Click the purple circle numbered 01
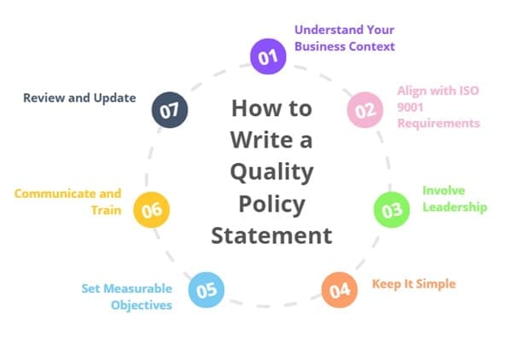(x=268, y=56)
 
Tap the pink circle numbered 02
(x=364, y=110)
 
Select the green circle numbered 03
(x=393, y=210)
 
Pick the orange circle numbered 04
(x=339, y=290)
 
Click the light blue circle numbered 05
(x=206, y=290)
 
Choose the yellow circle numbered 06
(x=152, y=210)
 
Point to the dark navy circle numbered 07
(x=168, y=110)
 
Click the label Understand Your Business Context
(x=344, y=38)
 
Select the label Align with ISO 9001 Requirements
(x=438, y=107)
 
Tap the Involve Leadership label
(x=454, y=199)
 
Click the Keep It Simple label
(x=414, y=283)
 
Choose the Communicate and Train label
(x=67, y=201)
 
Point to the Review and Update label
(x=79, y=98)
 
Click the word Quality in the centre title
(x=271, y=171)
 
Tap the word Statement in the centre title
(x=271, y=234)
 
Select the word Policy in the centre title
(x=271, y=202)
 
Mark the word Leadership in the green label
(x=454, y=206)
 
